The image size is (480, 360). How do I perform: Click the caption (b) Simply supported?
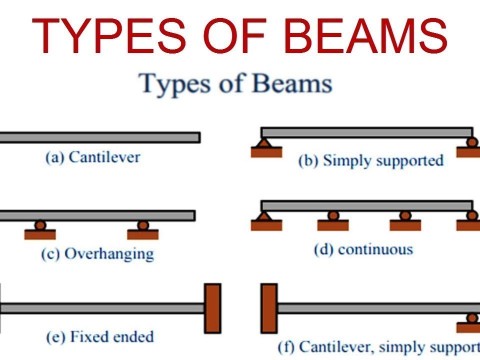click(370, 161)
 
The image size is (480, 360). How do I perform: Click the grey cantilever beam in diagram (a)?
click(100, 137)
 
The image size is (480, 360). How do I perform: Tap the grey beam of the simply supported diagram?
click(366, 132)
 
